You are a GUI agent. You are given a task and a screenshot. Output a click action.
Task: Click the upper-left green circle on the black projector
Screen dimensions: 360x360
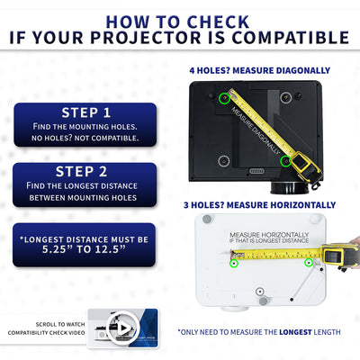tap(223, 100)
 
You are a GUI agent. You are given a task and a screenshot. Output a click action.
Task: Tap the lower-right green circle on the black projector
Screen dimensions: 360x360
tap(286, 161)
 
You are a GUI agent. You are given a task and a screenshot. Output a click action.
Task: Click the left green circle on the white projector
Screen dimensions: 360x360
tap(234, 264)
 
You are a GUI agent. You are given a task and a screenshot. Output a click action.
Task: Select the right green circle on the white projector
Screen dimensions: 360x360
tap(309, 263)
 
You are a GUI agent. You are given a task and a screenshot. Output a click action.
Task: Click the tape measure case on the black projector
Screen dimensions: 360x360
tap(306, 163)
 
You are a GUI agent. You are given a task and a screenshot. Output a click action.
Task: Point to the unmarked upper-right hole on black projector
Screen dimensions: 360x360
tap(285, 97)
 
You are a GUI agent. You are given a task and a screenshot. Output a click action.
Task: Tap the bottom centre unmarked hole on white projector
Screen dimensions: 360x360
tap(260, 292)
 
